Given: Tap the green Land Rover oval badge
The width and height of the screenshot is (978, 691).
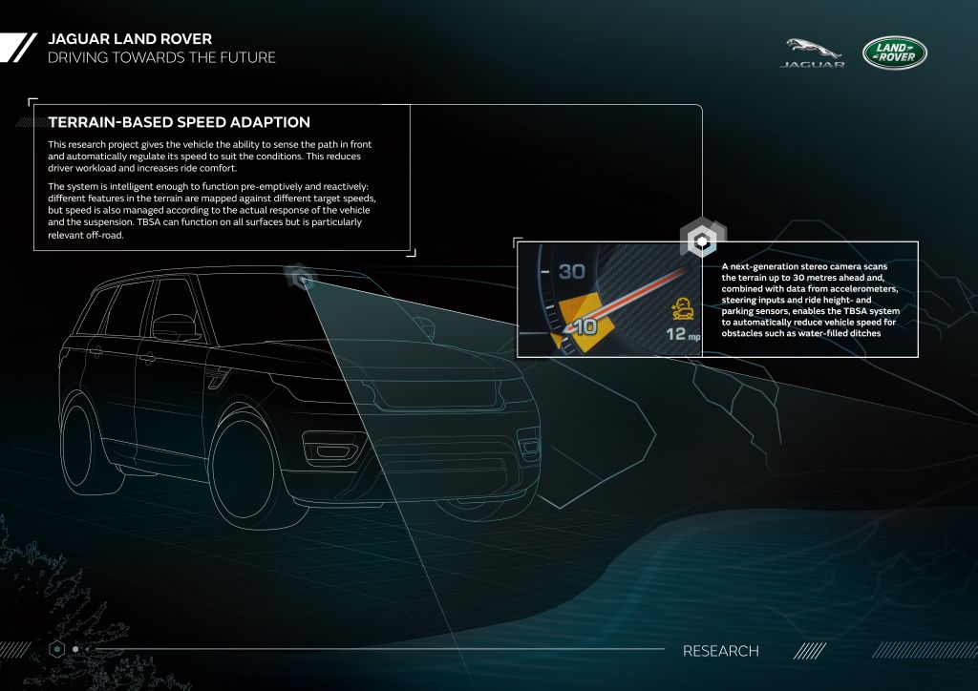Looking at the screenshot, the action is (x=894, y=52).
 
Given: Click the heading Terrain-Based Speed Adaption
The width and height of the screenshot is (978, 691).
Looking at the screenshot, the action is (x=179, y=122).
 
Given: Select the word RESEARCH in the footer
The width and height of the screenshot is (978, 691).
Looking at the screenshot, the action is (x=720, y=651).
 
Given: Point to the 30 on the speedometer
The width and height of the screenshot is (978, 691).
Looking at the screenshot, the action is (x=571, y=272).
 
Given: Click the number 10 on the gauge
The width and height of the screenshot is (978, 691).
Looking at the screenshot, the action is (x=585, y=326).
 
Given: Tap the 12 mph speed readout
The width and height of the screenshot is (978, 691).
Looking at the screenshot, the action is (x=683, y=335).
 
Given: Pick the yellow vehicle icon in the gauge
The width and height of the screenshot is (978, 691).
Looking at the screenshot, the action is (x=683, y=309).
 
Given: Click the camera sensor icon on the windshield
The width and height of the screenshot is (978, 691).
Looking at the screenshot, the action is (x=300, y=277).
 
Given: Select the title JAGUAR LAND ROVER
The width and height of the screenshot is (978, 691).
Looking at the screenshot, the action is (x=130, y=38).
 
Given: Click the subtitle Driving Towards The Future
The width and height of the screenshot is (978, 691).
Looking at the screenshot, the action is (x=161, y=57).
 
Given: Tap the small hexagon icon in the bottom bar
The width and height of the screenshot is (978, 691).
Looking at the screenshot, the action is (x=56, y=649).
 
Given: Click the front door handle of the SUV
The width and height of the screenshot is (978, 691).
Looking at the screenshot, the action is (x=147, y=358).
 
